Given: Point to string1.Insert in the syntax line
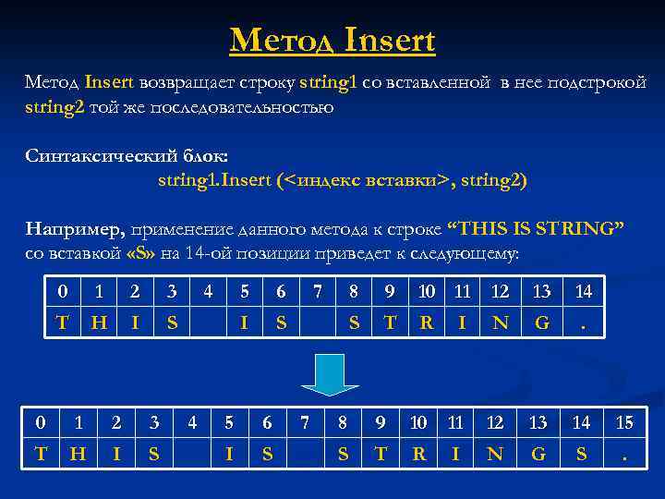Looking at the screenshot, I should (x=213, y=179).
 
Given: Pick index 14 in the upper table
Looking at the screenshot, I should (x=583, y=292).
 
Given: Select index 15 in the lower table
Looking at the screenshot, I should (x=625, y=423).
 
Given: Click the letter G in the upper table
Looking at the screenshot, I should (x=541, y=323).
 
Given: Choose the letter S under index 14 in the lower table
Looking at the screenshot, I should (x=581, y=455).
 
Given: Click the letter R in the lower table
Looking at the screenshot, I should (x=418, y=455).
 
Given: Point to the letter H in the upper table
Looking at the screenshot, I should (x=97, y=323).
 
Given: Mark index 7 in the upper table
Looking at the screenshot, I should (x=317, y=292).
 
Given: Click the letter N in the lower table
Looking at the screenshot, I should (x=495, y=455).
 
